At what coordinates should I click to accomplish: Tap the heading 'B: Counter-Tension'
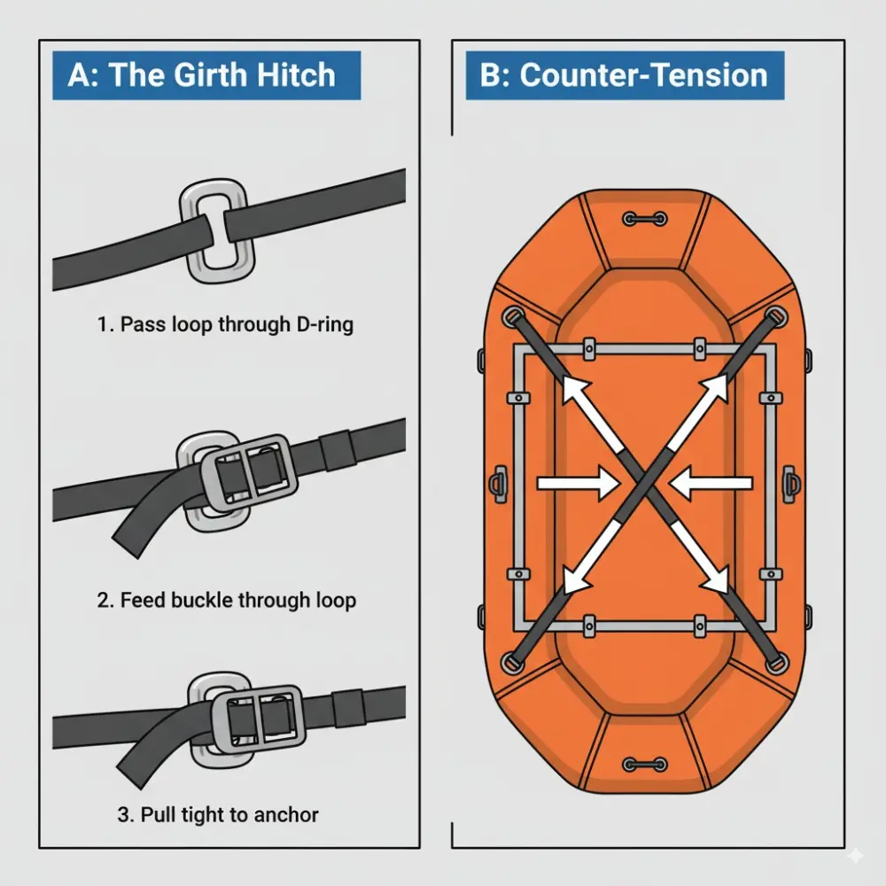pos(625,74)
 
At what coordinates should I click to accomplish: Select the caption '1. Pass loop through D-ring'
pos(225,324)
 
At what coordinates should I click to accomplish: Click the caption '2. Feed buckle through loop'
pos(225,600)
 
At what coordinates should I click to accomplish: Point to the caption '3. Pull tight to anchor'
pos(218,814)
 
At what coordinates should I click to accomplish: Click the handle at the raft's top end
pos(644,218)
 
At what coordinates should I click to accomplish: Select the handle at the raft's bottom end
pos(644,764)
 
